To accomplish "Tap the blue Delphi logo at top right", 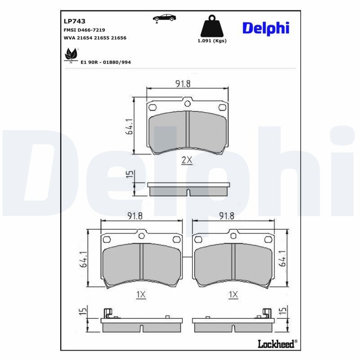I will coord(265,28).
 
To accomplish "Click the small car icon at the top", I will coord(164,18).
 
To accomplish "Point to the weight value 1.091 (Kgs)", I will coord(212,40).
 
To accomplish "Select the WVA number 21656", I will coord(119,38).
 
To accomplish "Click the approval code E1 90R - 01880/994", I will coord(105,62).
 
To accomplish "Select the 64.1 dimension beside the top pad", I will coord(130,126).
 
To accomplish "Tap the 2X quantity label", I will coord(186,160).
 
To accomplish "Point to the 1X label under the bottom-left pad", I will coord(141,294).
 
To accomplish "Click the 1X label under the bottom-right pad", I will coord(233,294).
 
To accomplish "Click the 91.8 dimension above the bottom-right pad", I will coord(226,216).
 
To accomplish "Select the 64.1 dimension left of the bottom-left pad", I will coord(83,260).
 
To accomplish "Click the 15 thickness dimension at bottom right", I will coord(282,310).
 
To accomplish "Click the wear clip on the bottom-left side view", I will coord(108,314).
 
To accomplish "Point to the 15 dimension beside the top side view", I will coord(129,175).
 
